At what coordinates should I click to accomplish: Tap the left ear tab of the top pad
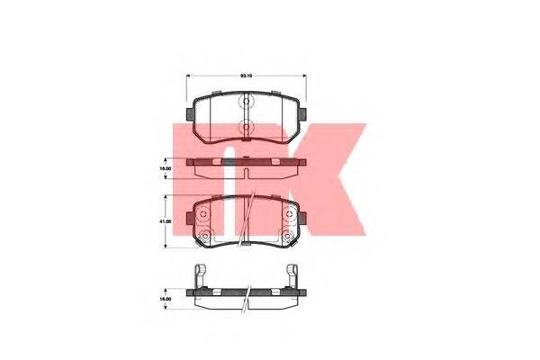188,113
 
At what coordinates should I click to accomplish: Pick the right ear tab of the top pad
304,113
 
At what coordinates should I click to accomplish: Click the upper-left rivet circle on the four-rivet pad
204,216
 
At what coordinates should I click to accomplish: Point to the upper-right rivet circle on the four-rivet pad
287,216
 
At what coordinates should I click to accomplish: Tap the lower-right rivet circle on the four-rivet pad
287,236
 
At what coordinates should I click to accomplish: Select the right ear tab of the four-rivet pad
304,220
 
